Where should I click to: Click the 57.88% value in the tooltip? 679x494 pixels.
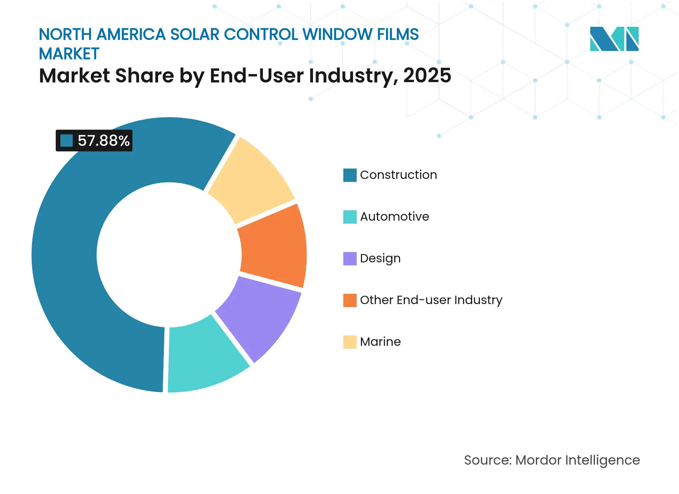(x=103, y=141)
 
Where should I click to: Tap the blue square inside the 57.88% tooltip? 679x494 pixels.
(x=66, y=141)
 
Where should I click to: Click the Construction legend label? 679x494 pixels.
(x=398, y=175)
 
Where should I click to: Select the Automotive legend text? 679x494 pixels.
(x=394, y=217)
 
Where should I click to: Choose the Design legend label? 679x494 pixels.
(x=380, y=258)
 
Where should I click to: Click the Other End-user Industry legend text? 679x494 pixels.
(x=431, y=300)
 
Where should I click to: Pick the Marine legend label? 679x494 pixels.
(x=380, y=342)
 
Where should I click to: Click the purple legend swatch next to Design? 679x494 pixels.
(x=350, y=259)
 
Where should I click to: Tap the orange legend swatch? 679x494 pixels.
(x=350, y=300)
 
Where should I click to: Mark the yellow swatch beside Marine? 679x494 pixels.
(x=350, y=342)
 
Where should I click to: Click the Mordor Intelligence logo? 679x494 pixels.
(x=614, y=39)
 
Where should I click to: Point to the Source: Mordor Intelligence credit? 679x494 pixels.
(x=552, y=460)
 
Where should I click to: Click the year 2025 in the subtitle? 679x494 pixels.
(x=427, y=76)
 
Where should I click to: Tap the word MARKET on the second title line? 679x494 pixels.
(x=69, y=54)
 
